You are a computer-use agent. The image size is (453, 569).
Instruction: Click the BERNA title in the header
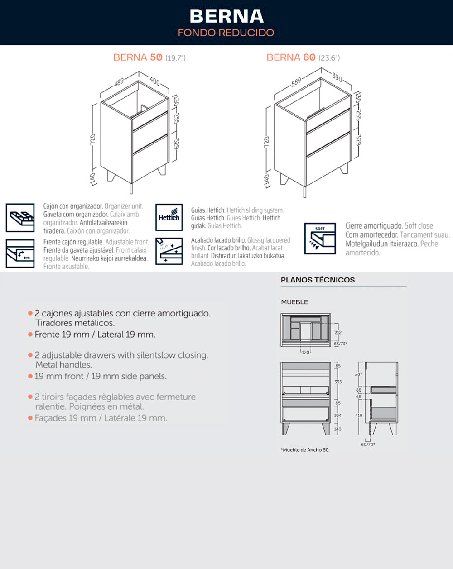pos(226,16)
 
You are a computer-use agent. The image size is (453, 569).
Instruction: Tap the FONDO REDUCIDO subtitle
pos(226,33)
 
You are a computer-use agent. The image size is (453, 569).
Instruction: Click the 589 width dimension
pos(296,82)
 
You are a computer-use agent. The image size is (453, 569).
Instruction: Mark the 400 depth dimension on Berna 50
pos(154,81)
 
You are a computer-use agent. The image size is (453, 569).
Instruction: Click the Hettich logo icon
pos(169,217)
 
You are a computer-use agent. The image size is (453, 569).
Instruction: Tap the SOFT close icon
pos(320,239)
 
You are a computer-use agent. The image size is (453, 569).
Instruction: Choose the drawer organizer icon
pos(20,217)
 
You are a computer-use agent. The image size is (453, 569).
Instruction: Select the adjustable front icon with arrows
pos(20,253)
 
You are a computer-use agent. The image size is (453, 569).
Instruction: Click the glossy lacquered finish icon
pos(169,251)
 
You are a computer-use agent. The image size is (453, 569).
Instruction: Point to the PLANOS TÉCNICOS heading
pos(318,280)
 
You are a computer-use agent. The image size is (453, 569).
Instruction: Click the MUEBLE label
pos(294,302)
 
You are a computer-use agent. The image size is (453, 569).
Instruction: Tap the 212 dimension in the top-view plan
pos(338,333)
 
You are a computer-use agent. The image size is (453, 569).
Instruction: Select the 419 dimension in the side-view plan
pos(359,416)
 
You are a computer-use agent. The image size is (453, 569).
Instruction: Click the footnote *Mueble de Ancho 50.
pos(305,450)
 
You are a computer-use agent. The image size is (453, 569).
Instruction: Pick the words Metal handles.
pos(63,365)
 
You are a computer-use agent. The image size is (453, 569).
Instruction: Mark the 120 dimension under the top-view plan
pos(306,352)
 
